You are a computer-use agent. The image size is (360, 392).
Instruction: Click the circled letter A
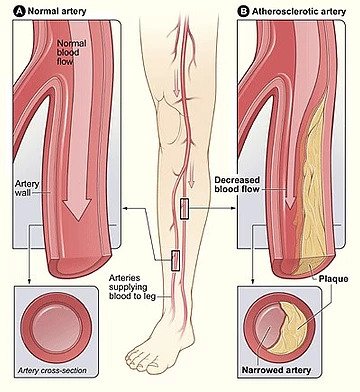click(19, 11)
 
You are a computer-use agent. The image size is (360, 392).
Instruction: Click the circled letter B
click(243, 11)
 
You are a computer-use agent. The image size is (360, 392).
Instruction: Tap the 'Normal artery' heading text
click(57, 11)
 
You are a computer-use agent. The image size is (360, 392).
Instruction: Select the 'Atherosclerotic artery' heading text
click(298, 11)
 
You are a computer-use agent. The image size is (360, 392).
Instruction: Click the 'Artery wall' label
click(27, 188)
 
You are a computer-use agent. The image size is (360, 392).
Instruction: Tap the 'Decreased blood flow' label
click(237, 185)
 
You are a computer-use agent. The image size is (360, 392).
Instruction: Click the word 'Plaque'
click(333, 279)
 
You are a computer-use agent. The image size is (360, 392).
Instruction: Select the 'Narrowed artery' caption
click(276, 370)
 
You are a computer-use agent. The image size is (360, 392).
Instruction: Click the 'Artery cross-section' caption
click(52, 370)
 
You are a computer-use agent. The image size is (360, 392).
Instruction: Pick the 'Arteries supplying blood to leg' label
click(132, 287)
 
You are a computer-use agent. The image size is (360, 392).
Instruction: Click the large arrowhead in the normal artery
click(78, 209)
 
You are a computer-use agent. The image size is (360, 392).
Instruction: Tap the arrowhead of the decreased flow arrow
click(290, 202)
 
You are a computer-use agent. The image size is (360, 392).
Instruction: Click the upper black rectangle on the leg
click(185, 209)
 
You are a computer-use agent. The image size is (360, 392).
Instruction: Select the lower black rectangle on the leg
click(175, 261)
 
